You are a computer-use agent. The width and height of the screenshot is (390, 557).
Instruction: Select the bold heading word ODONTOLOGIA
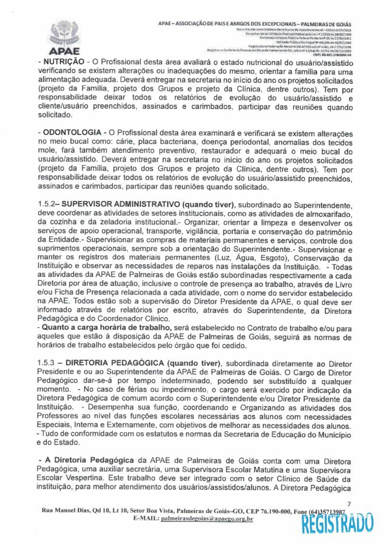72,133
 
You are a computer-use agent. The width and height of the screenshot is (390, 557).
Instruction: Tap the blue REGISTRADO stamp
337,524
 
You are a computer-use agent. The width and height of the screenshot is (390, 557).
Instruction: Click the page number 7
349,504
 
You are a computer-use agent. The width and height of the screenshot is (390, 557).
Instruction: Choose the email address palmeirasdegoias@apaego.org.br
206,519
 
